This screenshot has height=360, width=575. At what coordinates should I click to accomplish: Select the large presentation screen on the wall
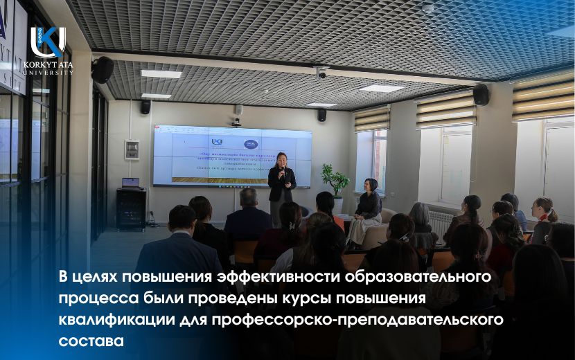point(232,155)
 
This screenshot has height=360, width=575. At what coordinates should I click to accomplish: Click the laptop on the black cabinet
point(130,183)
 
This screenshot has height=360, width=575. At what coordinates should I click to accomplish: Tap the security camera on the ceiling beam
point(321,72)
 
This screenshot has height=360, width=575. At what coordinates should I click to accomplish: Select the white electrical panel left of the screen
point(132,150)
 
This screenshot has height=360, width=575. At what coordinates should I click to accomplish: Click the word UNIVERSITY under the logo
point(48,71)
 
